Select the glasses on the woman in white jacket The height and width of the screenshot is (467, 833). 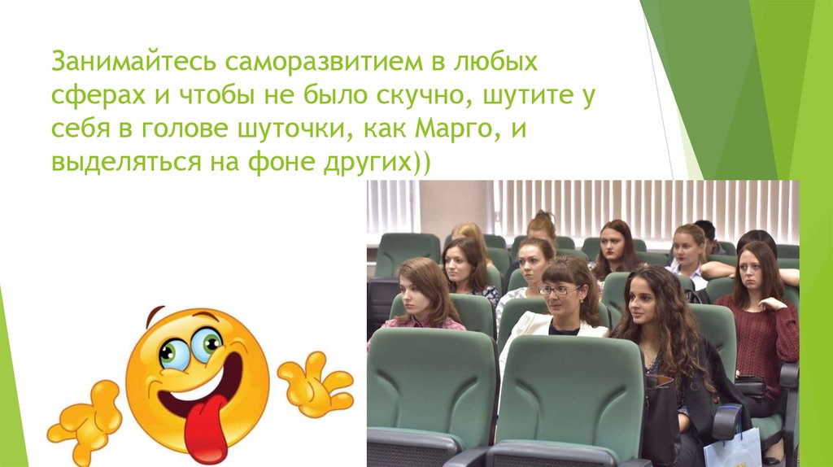pos(560,290)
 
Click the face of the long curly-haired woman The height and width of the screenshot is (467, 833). pos(642,300)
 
